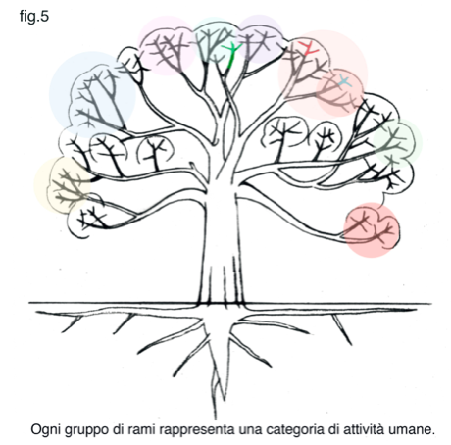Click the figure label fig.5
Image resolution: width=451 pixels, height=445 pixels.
click(34, 17)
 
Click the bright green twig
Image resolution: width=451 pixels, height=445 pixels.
click(232, 56)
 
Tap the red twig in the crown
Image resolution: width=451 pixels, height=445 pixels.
click(309, 48)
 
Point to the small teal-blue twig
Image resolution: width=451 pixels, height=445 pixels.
click(344, 81)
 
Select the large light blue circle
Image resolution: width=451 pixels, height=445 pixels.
click(92, 95)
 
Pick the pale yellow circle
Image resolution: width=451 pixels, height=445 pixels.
click(62, 185)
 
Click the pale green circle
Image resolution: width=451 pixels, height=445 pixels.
click(397, 143)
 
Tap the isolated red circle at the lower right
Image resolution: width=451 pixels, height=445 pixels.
click(372, 229)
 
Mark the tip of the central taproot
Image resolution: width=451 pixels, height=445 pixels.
click(216, 419)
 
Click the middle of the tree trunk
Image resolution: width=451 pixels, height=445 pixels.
click(223, 242)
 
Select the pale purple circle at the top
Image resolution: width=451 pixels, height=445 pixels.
click(260, 38)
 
